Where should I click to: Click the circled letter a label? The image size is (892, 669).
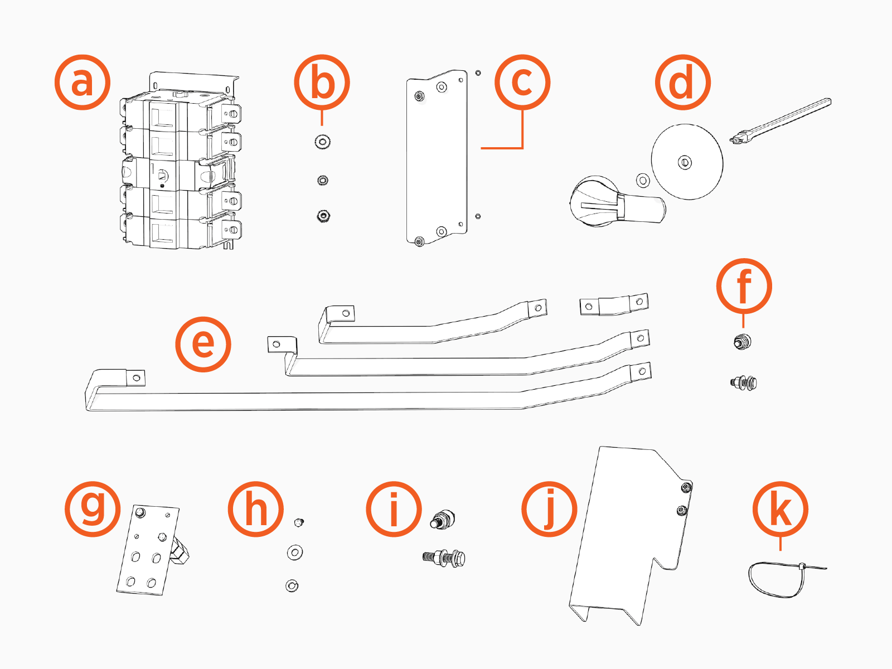83,83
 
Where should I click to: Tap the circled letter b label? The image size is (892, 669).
322,83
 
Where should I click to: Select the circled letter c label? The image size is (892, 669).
522,83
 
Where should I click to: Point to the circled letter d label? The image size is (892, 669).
682,83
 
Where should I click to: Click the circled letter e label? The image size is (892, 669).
203,344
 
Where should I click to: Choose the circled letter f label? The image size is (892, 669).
744,287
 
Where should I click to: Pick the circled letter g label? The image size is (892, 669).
93,509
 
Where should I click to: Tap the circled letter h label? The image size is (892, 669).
256,509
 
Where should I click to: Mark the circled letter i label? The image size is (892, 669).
394,509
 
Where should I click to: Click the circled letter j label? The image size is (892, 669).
549,509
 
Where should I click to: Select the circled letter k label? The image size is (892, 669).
780,509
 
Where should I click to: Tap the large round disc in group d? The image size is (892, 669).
687,162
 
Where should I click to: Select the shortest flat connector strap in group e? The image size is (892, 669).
614,305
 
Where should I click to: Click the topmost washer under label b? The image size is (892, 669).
322,142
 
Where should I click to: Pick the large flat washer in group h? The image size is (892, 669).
295,552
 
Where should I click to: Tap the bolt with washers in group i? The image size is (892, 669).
444,557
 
